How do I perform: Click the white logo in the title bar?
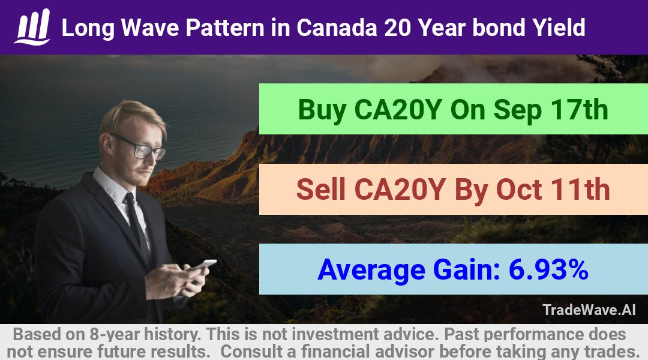tap(32, 27)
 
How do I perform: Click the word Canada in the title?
tap(337, 28)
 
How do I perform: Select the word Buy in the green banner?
tap(322, 110)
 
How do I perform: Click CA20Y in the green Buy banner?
tap(398, 110)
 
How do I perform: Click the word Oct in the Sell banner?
tap(518, 190)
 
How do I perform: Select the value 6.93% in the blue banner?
tap(548, 269)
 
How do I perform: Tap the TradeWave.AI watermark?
tap(589, 310)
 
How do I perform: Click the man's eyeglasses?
tap(140, 146)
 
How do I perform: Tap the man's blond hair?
tap(130, 117)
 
